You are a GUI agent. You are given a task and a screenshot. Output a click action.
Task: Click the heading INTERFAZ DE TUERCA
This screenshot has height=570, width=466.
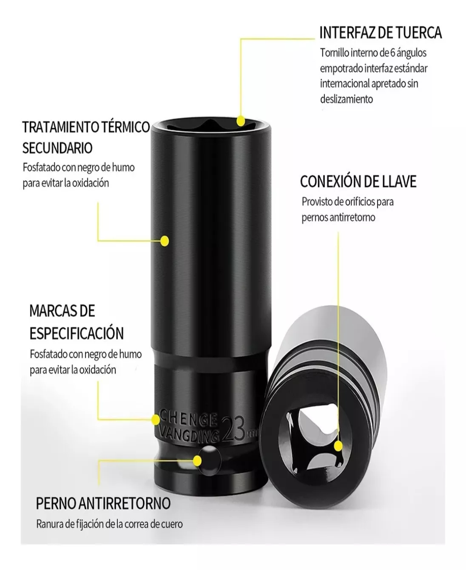click(381, 33)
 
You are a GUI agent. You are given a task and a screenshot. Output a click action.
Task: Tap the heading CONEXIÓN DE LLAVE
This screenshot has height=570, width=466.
click(358, 182)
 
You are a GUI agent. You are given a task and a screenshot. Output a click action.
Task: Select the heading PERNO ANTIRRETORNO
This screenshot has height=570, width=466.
click(103, 503)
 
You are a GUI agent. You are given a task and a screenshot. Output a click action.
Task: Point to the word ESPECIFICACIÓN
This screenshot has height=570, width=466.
click(76, 333)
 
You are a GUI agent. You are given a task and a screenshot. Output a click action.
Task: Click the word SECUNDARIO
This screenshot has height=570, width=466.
click(57, 148)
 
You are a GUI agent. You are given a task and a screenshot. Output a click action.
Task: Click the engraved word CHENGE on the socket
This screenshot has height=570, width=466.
click(188, 418)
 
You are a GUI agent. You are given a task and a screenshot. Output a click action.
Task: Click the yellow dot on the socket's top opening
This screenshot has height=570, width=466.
click(240, 119)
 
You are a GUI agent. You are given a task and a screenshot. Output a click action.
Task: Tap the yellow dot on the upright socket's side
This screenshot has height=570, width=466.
click(164, 241)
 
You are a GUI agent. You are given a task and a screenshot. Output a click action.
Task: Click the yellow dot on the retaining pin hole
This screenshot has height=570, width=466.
click(197, 461)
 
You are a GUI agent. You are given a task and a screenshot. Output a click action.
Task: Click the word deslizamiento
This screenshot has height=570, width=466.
click(346, 99)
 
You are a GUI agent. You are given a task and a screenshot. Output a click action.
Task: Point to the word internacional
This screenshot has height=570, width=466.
click(344, 84)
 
